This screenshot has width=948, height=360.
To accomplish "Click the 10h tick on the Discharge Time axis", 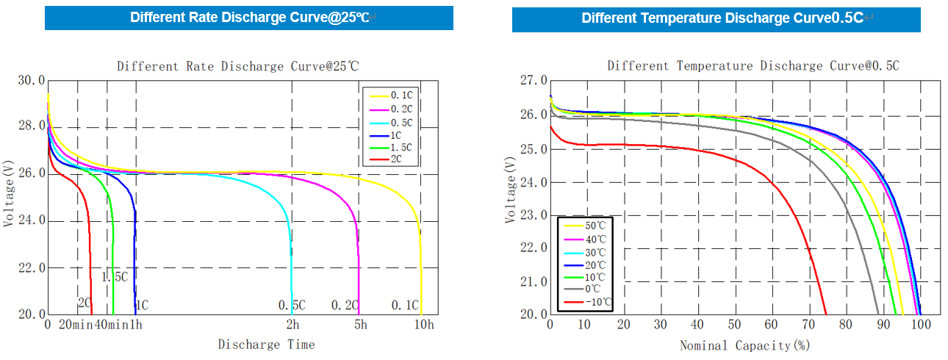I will pyautogui.click(x=424, y=325).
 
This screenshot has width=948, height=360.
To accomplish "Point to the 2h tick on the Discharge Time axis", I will pyautogui.click(x=292, y=325).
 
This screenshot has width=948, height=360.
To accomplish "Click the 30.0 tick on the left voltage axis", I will pyautogui.click(x=31, y=80).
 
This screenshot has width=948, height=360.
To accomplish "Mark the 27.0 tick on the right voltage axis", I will pyautogui.click(x=533, y=80).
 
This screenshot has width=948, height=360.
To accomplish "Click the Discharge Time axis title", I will pyautogui.click(x=266, y=344).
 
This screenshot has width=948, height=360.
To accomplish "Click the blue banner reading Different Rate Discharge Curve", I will pyautogui.click(x=249, y=18).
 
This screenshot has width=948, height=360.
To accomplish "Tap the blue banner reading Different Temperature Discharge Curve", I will pyautogui.click(x=717, y=18).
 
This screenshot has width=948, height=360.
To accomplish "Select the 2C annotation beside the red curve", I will pyautogui.click(x=85, y=303).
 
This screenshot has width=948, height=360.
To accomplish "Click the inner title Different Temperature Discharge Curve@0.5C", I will pyautogui.click(x=753, y=66).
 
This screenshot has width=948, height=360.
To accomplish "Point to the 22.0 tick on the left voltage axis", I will pyautogui.click(x=31, y=267).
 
